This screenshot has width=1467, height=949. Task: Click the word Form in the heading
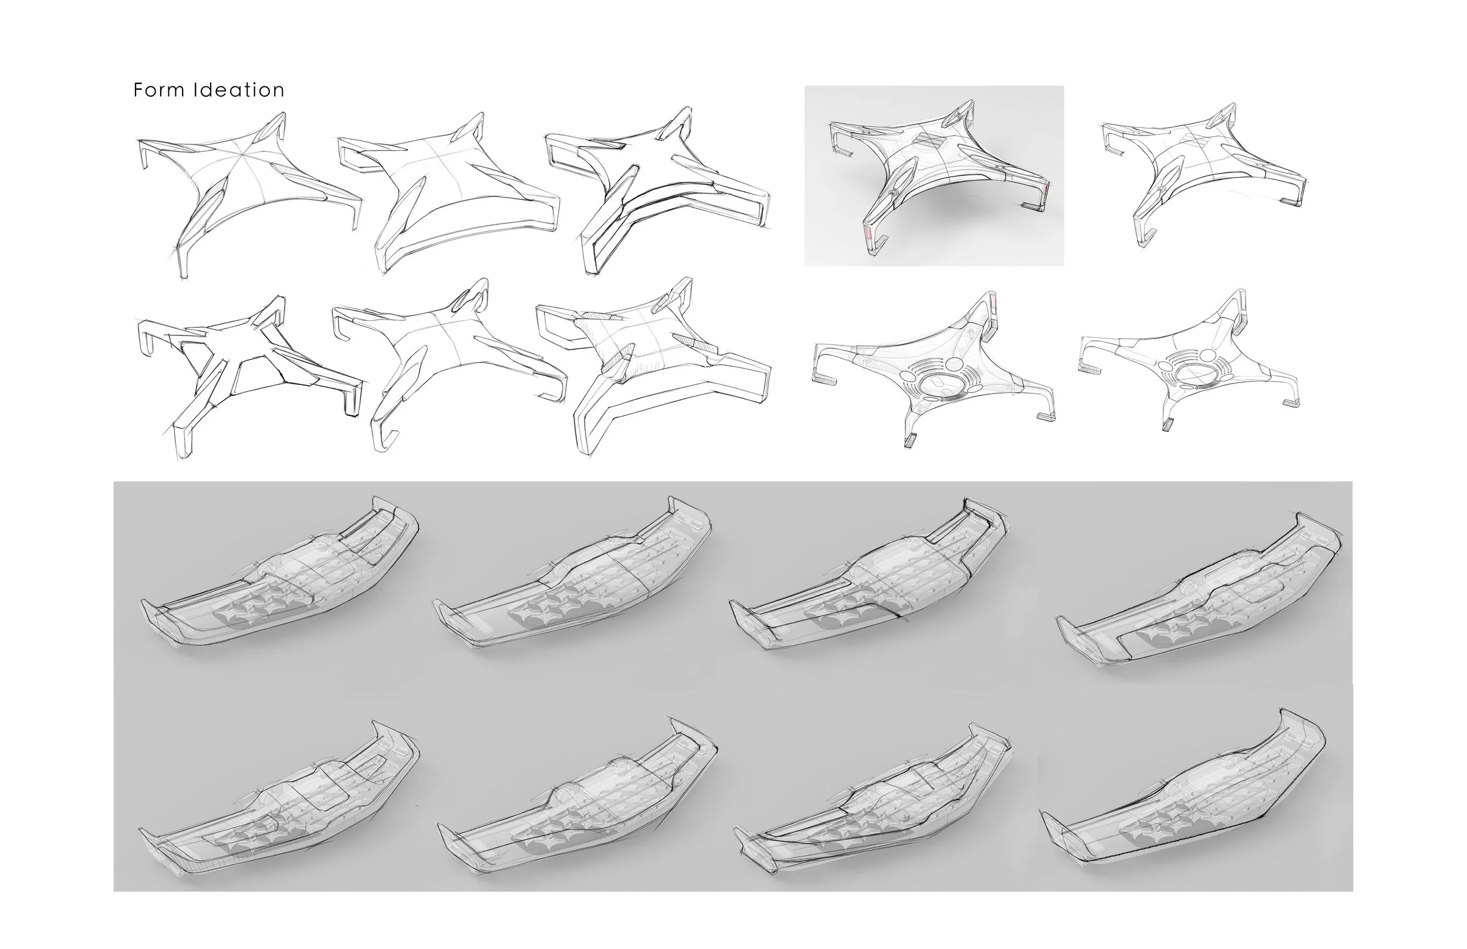point(158,90)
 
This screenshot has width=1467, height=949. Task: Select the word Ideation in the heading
point(239,90)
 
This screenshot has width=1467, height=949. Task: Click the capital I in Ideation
point(195,90)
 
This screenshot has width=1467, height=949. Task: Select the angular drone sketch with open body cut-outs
point(249,376)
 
